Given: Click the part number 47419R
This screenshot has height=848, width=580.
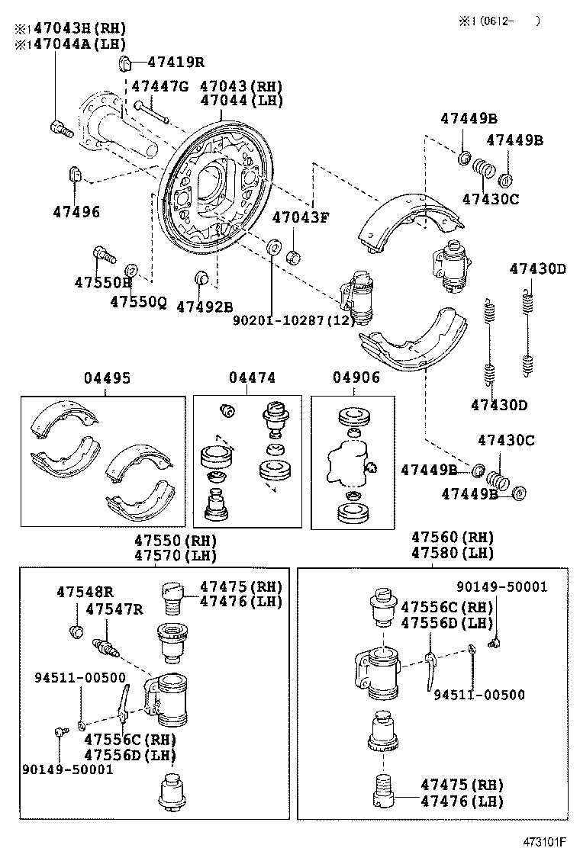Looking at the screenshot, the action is tap(176, 63).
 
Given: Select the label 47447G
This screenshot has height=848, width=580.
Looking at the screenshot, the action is tap(160, 86).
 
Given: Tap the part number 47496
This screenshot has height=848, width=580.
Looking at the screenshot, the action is tap(76, 211).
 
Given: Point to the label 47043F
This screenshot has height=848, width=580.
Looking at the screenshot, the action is tap(300, 217).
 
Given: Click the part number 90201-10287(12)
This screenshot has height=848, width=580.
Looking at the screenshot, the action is tap(295, 320).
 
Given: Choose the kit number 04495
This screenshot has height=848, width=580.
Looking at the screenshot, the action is tap(107, 378).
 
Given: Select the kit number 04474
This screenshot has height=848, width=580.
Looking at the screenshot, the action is tap(252, 377).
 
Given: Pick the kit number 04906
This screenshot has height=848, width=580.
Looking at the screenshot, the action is tap(356, 377).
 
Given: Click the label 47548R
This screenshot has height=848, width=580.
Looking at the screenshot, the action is tap(85, 593).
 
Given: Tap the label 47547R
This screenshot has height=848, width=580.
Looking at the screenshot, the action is tap(114, 609).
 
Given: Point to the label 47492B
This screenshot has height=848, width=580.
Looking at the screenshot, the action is tap(205, 307).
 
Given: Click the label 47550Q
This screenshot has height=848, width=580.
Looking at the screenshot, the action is tap(138, 302).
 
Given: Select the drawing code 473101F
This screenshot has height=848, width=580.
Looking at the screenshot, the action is tap(544, 841).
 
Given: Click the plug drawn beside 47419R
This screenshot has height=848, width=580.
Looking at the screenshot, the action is tap(124, 63).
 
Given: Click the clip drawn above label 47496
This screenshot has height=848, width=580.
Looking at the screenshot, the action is tap(75, 175).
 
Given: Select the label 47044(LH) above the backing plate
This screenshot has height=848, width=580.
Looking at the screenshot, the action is tap(241, 101).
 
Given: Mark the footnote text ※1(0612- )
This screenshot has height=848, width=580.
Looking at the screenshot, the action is tap(499, 21).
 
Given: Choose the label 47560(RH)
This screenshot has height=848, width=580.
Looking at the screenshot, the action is tap(453, 537).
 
